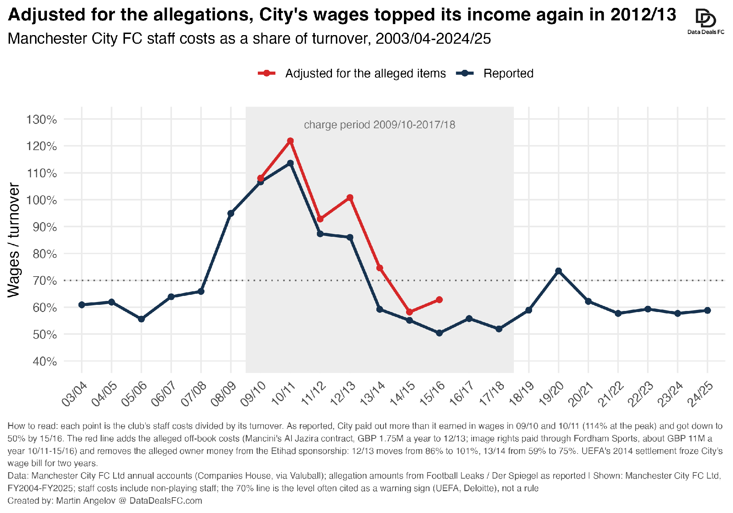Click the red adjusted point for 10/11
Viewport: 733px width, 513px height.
click(290, 141)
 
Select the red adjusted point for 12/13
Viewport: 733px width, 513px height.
click(350, 198)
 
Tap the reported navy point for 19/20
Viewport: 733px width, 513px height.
click(558, 271)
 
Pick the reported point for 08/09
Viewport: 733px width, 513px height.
click(231, 214)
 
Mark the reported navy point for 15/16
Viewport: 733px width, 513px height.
click(439, 333)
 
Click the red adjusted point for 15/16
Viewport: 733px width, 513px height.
click(439, 300)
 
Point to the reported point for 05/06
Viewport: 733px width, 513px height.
click(141, 319)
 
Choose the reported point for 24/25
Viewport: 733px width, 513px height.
click(707, 310)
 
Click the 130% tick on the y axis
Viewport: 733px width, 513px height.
click(42, 119)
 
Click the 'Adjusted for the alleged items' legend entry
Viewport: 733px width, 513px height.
click(352, 73)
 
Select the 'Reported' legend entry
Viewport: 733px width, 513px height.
click(495, 73)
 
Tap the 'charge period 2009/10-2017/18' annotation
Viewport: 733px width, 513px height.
click(380, 125)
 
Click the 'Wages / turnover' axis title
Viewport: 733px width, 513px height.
click(14, 240)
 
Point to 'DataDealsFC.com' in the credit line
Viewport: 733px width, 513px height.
click(166, 500)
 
